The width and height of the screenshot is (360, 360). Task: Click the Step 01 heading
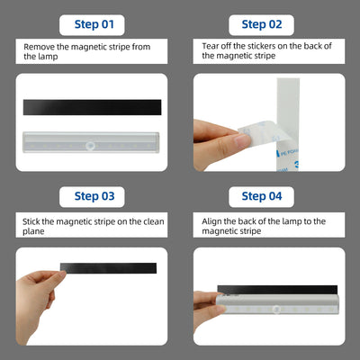coord(94,24)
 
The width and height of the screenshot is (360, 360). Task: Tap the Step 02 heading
coord(262,24)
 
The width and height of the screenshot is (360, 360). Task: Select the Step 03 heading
coord(94,196)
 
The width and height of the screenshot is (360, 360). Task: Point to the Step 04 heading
coord(262,196)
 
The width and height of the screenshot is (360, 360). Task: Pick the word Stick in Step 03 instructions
coord(31,221)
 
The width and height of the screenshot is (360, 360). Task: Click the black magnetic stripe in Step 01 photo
coord(92,107)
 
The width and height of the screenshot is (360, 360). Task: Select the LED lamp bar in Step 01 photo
coord(91,142)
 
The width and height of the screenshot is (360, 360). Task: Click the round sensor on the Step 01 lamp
coord(90,146)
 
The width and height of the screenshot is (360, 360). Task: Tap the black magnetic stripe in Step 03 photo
coord(108,268)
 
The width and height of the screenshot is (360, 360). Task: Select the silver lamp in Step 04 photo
coord(277,304)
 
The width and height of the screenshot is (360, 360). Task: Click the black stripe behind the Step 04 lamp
coord(277,290)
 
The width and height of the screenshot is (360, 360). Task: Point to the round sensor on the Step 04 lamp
coord(276,310)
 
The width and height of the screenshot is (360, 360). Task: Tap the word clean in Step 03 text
coord(154,221)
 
